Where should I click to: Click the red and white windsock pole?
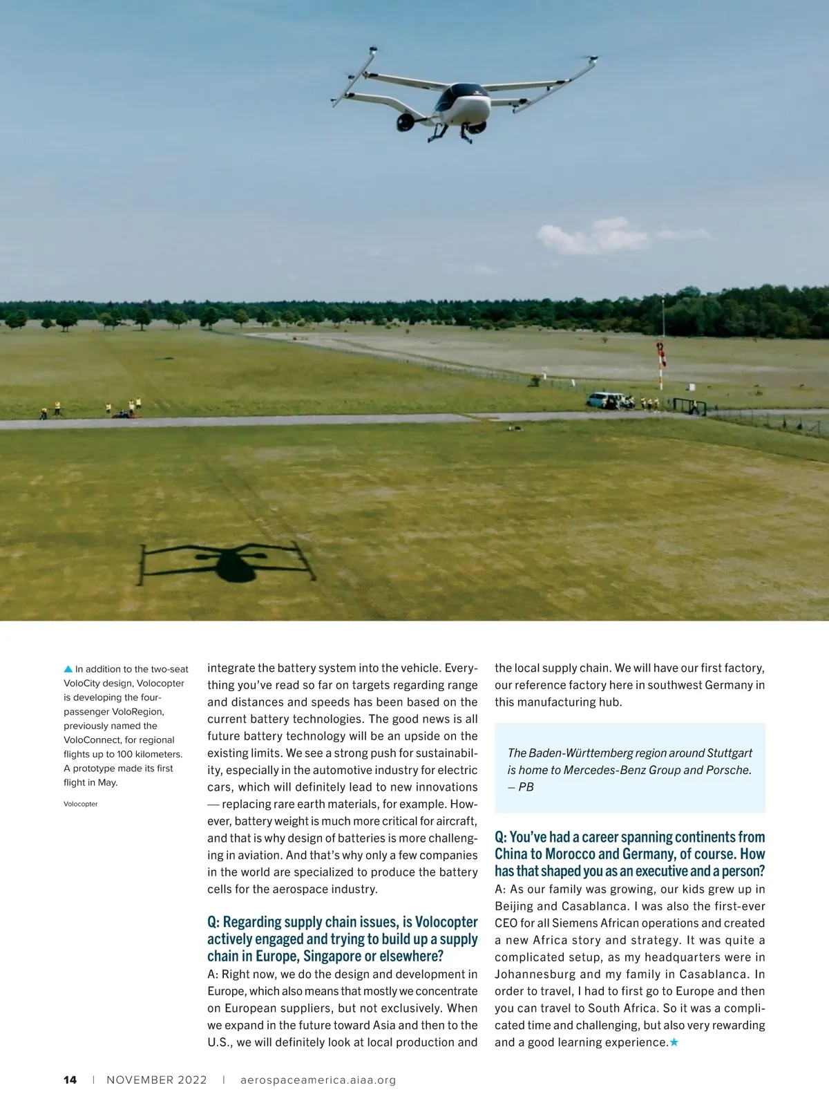click(661, 363)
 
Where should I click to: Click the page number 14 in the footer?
click(70, 1080)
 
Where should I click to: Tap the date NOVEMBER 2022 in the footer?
click(157, 1080)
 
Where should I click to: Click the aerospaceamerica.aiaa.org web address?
click(318, 1080)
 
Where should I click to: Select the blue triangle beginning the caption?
click(68, 669)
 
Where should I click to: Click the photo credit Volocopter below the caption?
click(81, 804)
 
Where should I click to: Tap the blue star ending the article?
click(674, 1042)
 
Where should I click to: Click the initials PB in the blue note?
click(526, 787)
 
